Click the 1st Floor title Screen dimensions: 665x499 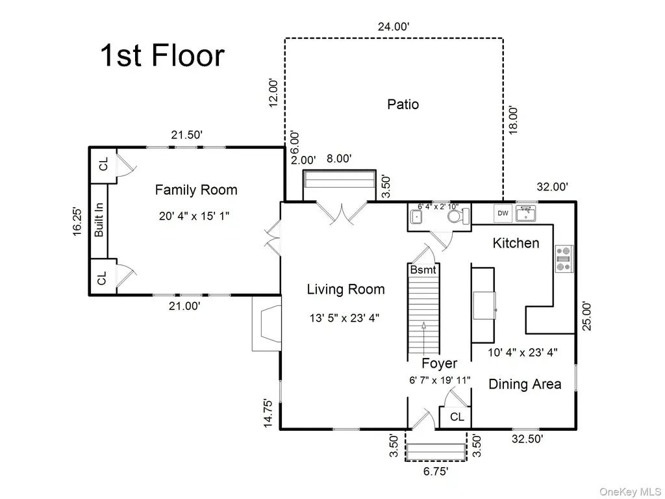[162, 56]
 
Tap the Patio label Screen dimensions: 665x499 [403, 105]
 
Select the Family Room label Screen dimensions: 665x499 [196, 190]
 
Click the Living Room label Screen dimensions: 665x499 [345, 289]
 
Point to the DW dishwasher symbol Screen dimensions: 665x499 [503, 213]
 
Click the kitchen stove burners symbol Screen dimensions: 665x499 [564, 259]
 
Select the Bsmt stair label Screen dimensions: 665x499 [423, 270]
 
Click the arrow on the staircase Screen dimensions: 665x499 [423, 337]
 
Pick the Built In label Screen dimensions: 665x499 [99, 220]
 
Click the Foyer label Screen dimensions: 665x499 [440, 363]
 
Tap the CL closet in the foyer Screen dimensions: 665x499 [455, 417]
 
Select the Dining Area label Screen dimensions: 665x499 [525, 384]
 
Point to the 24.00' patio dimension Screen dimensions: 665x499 [394, 27]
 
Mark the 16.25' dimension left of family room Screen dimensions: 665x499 [77, 222]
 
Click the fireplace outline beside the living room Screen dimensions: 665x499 [266, 324]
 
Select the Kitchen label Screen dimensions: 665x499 [516, 243]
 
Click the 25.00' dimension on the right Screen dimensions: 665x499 [586, 316]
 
